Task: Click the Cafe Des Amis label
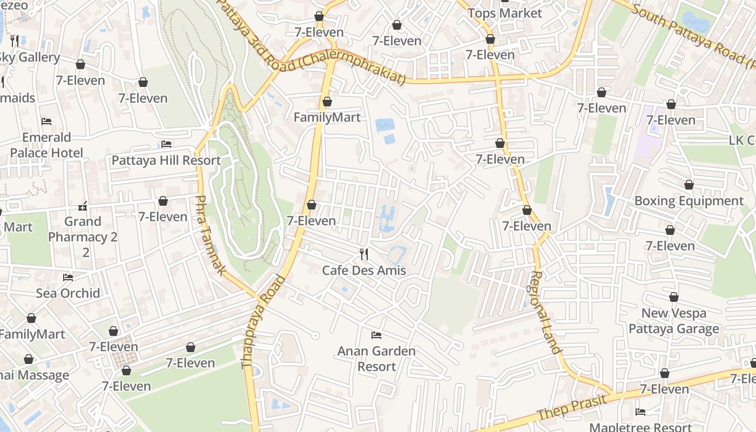tap(363, 270)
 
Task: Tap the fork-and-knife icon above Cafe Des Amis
tap(364, 254)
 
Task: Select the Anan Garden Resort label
tap(376, 359)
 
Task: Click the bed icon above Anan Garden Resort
tap(376, 335)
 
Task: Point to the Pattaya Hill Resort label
tap(166, 160)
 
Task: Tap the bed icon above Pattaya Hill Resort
tap(166, 144)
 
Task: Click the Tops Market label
tap(504, 13)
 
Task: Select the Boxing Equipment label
tap(688, 201)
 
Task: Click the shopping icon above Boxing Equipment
tap(688, 185)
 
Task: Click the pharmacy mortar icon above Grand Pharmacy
tap(83, 206)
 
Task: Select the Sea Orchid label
tap(68, 293)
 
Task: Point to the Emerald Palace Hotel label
tap(46, 145)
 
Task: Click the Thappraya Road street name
tap(263, 322)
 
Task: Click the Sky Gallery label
tap(30, 57)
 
